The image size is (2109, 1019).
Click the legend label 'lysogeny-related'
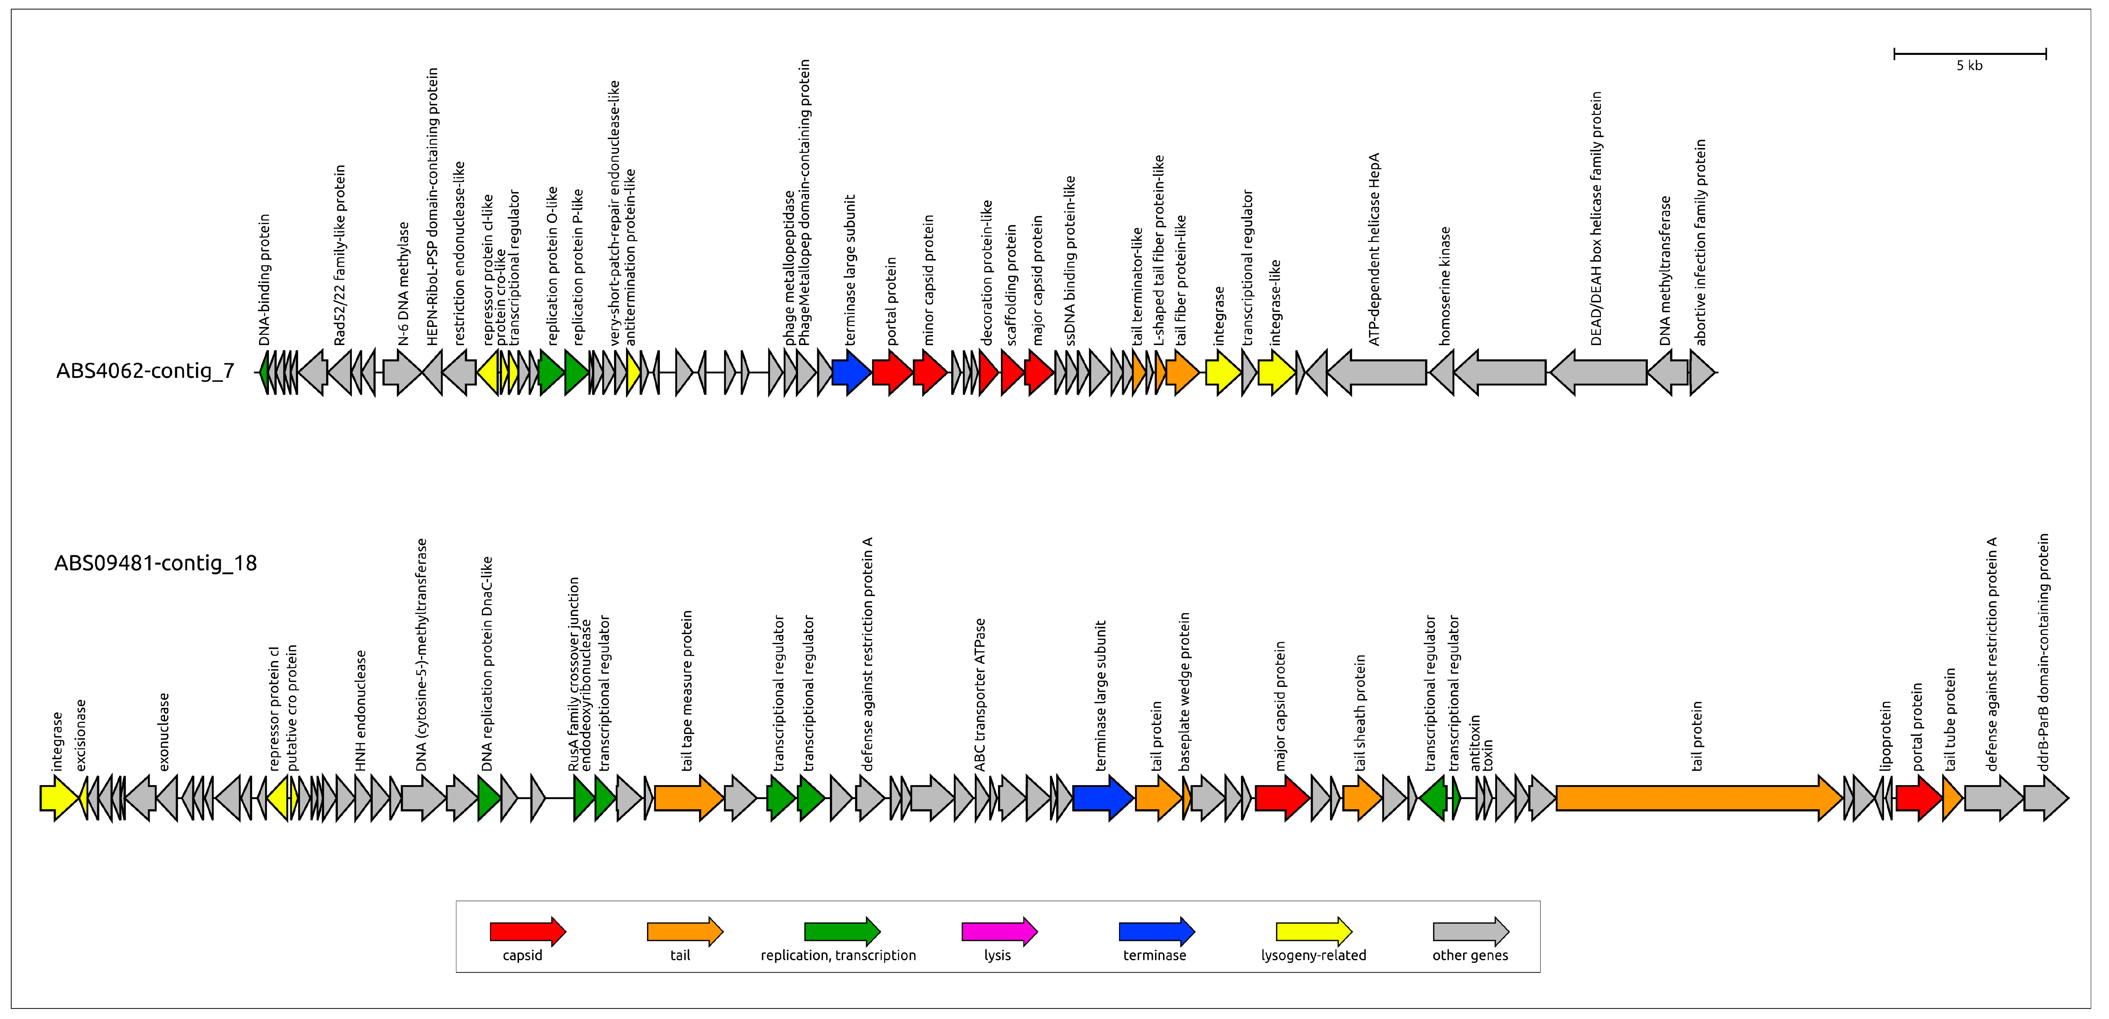[1313, 955]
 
